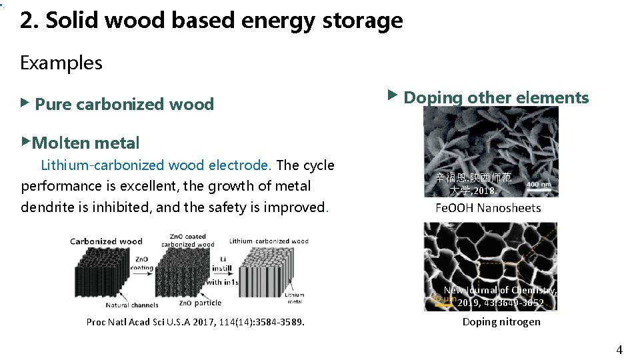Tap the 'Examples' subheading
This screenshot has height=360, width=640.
[61, 63]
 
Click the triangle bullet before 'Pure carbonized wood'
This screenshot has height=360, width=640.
[25, 103]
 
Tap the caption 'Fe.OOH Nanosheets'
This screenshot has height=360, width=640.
[488, 208]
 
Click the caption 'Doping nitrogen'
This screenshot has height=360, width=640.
[501, 322]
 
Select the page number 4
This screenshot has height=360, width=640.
[619, 350]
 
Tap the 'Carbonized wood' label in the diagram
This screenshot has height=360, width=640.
[107, 241]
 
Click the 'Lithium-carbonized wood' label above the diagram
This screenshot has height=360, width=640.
[269, 241]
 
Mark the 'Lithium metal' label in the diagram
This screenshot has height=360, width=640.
[293, 298]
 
